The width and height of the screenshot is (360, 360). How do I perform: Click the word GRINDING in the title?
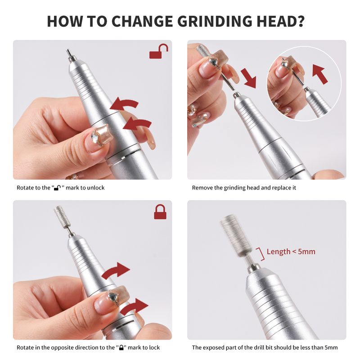(x=215, y=21)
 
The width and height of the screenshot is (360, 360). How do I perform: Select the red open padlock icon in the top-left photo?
(x=159, y=51)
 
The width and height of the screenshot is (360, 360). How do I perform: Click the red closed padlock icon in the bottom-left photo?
(x=160, y=211)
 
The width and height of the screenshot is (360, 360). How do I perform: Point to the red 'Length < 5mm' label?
(x=291, y=252)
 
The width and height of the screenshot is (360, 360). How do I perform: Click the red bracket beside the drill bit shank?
(x=261, y=254)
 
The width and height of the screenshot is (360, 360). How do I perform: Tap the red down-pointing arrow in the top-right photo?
(x=249, y=77)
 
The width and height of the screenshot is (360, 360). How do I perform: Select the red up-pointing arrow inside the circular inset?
(x=319, y=74)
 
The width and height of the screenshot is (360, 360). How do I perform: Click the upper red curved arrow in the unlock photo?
(x=124, y=104)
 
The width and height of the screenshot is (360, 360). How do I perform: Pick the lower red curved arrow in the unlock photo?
(x=137, y=125)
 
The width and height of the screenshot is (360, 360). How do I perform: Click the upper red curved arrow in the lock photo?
(x=116, y=270)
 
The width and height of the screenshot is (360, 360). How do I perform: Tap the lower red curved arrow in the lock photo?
(x=134, y=306)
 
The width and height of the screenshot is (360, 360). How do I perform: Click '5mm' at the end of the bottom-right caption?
(x=331, y=347)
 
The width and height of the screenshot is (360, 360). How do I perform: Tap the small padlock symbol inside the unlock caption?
(x=57, y=188)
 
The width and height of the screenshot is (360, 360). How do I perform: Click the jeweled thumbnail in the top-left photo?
(x=98, y=139)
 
